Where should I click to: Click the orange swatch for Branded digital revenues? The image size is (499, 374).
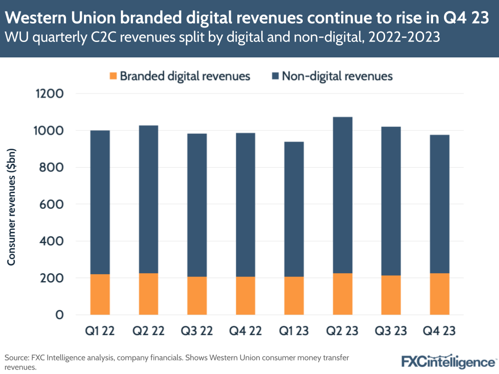tap(113, 76)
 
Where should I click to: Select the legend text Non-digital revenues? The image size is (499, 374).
tap(337, 76)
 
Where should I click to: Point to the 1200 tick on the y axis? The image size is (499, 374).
tap(49, 94)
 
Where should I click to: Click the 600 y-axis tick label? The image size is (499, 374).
tap(52, 204)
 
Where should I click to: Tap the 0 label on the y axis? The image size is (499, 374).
tap(59, 315)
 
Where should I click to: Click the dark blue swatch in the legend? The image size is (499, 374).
tap(275, 76)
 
